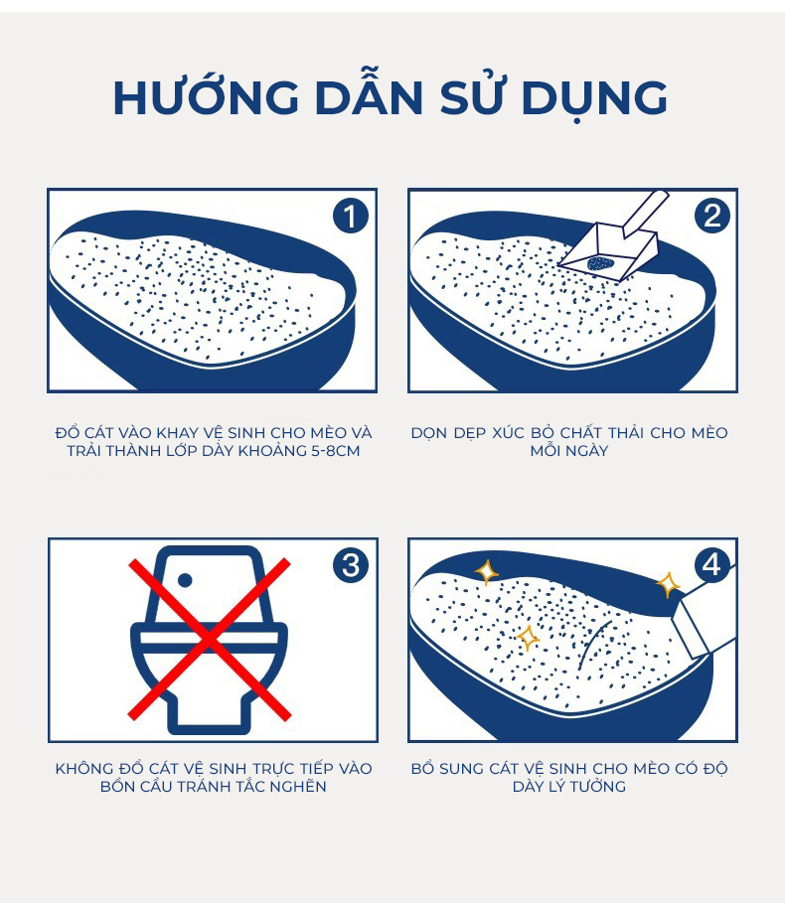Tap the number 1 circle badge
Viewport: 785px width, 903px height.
click(350, 216)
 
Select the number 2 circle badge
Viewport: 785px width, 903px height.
click(711, 216)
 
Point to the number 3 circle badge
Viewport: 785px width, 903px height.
click(350, 565)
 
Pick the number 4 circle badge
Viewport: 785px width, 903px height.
click(711, 565)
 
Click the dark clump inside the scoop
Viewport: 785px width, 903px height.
click(601, 263)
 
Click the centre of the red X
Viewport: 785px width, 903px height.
click(210, 639)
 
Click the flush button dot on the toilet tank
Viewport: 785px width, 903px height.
click(185, 580)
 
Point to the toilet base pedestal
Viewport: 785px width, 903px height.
click(210, 711)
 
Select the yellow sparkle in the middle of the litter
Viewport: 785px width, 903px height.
click(528, 638)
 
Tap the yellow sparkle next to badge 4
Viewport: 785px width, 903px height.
click(668, 584)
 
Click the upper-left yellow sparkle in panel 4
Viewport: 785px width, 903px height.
click(486, 572)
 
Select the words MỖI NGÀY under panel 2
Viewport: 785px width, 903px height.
click(569, 450)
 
